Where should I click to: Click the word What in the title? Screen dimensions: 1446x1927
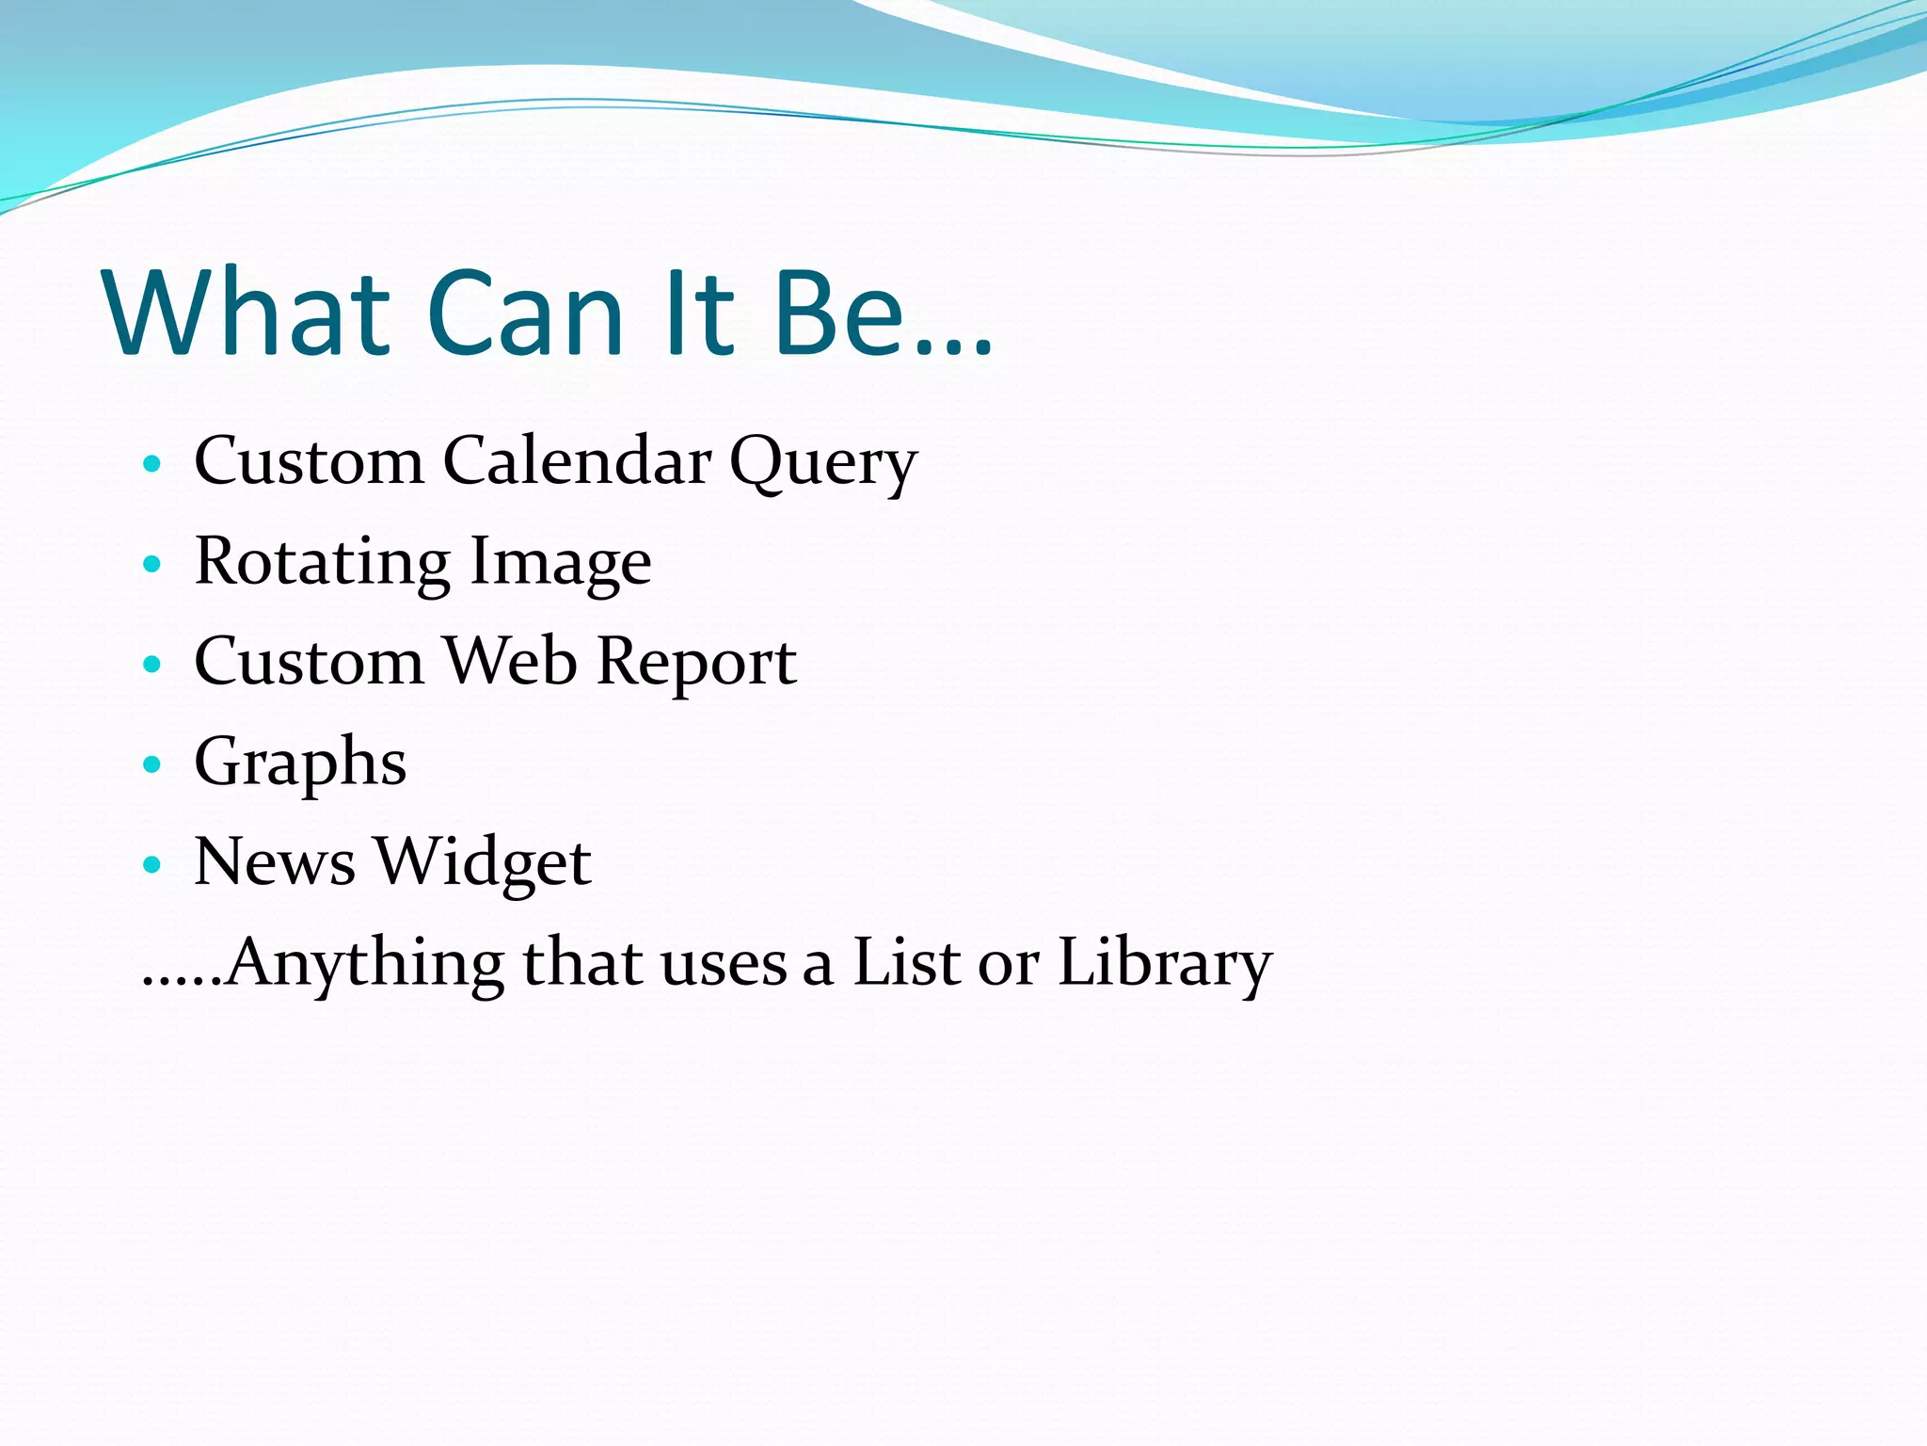click(x=247, y=313)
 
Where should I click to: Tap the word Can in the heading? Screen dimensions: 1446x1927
click(x=525, y=313)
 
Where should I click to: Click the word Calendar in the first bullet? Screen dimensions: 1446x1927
click(x=577, y=461)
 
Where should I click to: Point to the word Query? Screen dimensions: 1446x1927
click(x=822, y=463)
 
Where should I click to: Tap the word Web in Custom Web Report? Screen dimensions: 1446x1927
click(x=509, y=661)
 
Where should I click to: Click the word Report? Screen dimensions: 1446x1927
click(x=696, y=663)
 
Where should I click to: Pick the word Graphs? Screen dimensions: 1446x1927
click(x=300, y=763)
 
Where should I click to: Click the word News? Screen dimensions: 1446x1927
click(x=275, y=862)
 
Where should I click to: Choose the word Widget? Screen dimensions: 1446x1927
click(x=483, y=862)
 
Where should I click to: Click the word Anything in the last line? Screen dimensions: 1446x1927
click(x=365, y=962)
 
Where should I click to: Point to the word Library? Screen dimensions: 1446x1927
click(x=1164, y=962)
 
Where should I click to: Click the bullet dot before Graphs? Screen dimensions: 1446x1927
click(x=151, y=763)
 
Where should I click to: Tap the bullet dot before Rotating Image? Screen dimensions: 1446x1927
click(x=151, y=564)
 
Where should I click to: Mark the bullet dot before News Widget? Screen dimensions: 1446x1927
click(x=151, y=863)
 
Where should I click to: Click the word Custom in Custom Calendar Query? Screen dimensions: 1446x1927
click(x=309, y=461)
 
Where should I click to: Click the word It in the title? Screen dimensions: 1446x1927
click(x=697, y=313)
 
